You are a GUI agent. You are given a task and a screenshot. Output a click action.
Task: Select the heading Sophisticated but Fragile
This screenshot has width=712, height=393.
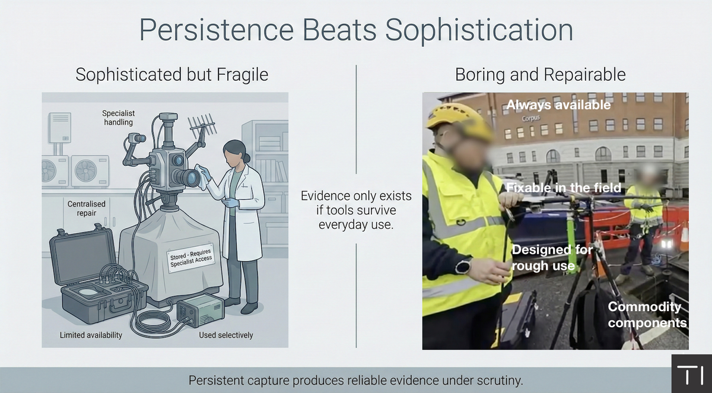coord(172,75)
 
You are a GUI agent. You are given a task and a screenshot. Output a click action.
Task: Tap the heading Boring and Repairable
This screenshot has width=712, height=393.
coord(540,75)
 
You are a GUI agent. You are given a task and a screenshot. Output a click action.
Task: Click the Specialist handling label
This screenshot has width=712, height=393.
coord(117,118)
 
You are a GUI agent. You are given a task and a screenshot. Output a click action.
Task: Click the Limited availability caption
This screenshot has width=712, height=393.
coord(91,335)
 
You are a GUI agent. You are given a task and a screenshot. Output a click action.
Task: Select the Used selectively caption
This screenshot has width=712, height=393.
coord(226,335)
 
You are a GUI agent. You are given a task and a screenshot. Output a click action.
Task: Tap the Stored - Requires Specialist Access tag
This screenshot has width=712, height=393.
coord(191,259)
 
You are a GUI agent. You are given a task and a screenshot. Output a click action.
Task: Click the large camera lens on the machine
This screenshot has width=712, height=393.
coord(186,177)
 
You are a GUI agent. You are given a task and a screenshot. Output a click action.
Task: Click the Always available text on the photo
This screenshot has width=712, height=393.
coord(558,105)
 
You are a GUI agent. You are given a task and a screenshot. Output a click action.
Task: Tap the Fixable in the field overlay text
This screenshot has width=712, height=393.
coord(563,188)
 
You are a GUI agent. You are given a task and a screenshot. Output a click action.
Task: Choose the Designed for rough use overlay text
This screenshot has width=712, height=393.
coord(552,258)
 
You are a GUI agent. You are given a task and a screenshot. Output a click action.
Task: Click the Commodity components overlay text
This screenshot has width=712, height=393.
coord(647,315)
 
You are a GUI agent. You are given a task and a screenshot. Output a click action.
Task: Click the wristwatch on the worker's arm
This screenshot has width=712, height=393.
coord(463,266)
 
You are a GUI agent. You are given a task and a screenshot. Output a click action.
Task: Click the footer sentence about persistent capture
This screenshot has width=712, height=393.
coord(355,381)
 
